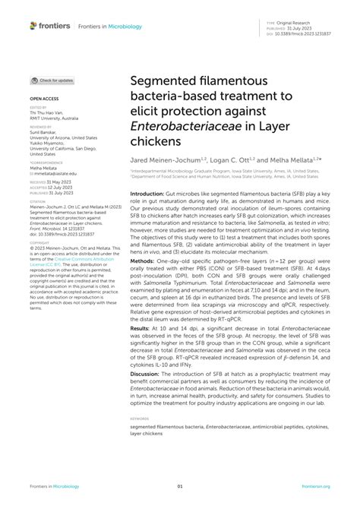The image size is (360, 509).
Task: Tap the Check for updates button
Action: (x=52, y=80)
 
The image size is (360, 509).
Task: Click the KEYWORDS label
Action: (x=139, y=419)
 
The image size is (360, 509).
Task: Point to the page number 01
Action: (x=180, y=485)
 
